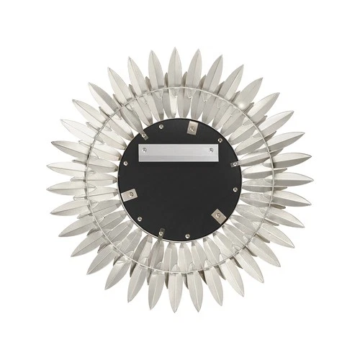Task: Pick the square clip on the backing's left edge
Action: point(130,195)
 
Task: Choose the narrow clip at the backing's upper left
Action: point(145,136)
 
